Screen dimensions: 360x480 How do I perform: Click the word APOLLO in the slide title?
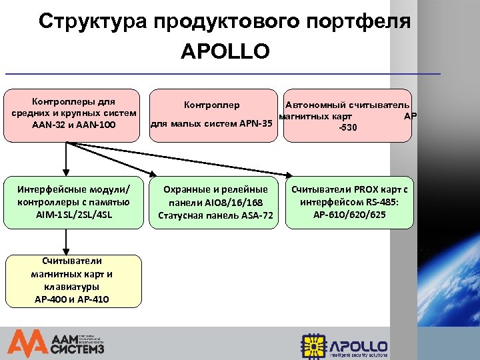coord(225,51)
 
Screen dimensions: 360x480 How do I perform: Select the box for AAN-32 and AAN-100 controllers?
coord(73,115)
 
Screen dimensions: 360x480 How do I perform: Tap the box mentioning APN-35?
coord(212,115)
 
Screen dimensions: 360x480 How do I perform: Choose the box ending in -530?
coord(347,115)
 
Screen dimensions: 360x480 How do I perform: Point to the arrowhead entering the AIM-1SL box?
coord(66,171)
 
